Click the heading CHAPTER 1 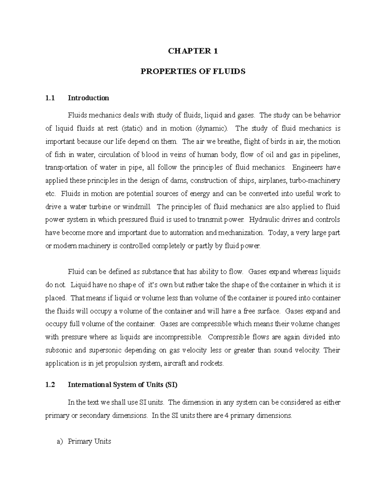tap(193, 51)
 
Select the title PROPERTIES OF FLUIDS tap(193, 71)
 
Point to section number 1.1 tap(50, 98)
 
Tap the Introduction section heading tap(88, 98)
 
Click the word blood tap(150, 155)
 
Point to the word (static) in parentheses tap(132, 129)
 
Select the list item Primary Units tap(89, 441)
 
